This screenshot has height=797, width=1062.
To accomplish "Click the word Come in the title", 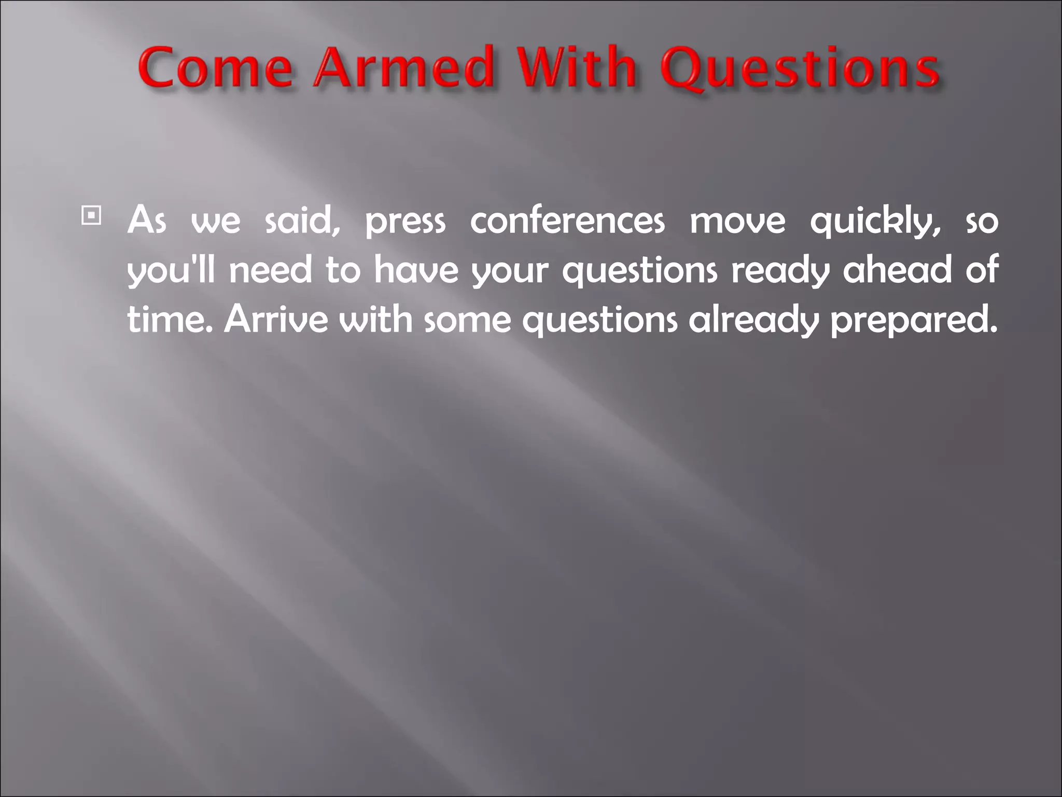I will click(215, 68).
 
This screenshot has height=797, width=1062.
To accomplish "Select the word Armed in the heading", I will click(404, 68).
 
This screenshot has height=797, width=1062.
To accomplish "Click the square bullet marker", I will click(91, 215).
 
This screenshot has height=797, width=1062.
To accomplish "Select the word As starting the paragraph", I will click(147, 221).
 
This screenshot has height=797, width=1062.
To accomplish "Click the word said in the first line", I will click(301, 221).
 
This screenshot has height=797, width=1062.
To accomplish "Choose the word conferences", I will click(567, 221).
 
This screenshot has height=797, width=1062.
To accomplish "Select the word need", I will click(270, 270).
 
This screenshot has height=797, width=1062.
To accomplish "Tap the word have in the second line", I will click(416, 270).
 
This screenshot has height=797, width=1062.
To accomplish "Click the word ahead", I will click(897, 270).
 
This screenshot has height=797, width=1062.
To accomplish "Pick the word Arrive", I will click(276, 319).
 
